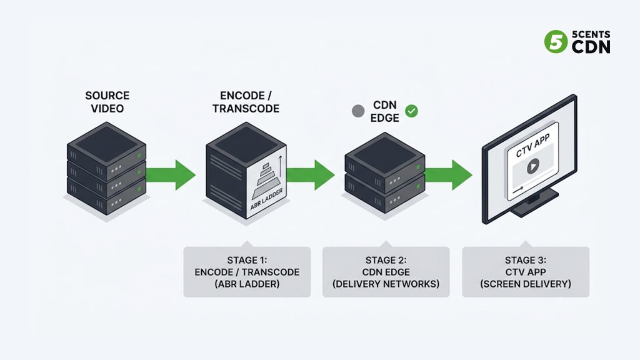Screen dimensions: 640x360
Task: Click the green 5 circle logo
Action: [x=556, y=42]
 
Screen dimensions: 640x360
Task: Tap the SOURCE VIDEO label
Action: [x=107, y=102]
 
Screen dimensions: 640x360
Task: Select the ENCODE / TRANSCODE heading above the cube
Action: [x=246, y=102]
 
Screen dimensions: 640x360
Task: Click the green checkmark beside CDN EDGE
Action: [x=411, y=111]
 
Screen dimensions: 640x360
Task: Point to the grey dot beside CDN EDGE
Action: [x=358, y=111]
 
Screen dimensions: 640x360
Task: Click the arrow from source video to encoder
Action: [x=171, y=175]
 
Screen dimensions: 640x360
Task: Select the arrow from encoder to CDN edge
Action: [x=310, y=175]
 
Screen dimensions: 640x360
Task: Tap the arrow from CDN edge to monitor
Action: [x=449, y=175]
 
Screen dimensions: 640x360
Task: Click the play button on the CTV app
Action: [x=532, y=166]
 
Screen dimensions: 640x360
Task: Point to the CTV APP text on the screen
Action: [x=532, y=146]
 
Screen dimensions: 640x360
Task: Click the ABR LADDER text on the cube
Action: [x=266, y=199]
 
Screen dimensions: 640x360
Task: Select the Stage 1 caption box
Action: [x=247, y=271]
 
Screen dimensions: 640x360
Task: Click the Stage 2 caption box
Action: [x=386, y=271]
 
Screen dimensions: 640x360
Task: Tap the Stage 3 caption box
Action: [x=526, y=271]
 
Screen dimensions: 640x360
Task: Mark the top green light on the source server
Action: [x=139, y=156]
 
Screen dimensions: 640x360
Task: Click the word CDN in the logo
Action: [x=591, y=47]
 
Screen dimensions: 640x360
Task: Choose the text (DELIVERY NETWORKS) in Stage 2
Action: [x=386, y=284]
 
